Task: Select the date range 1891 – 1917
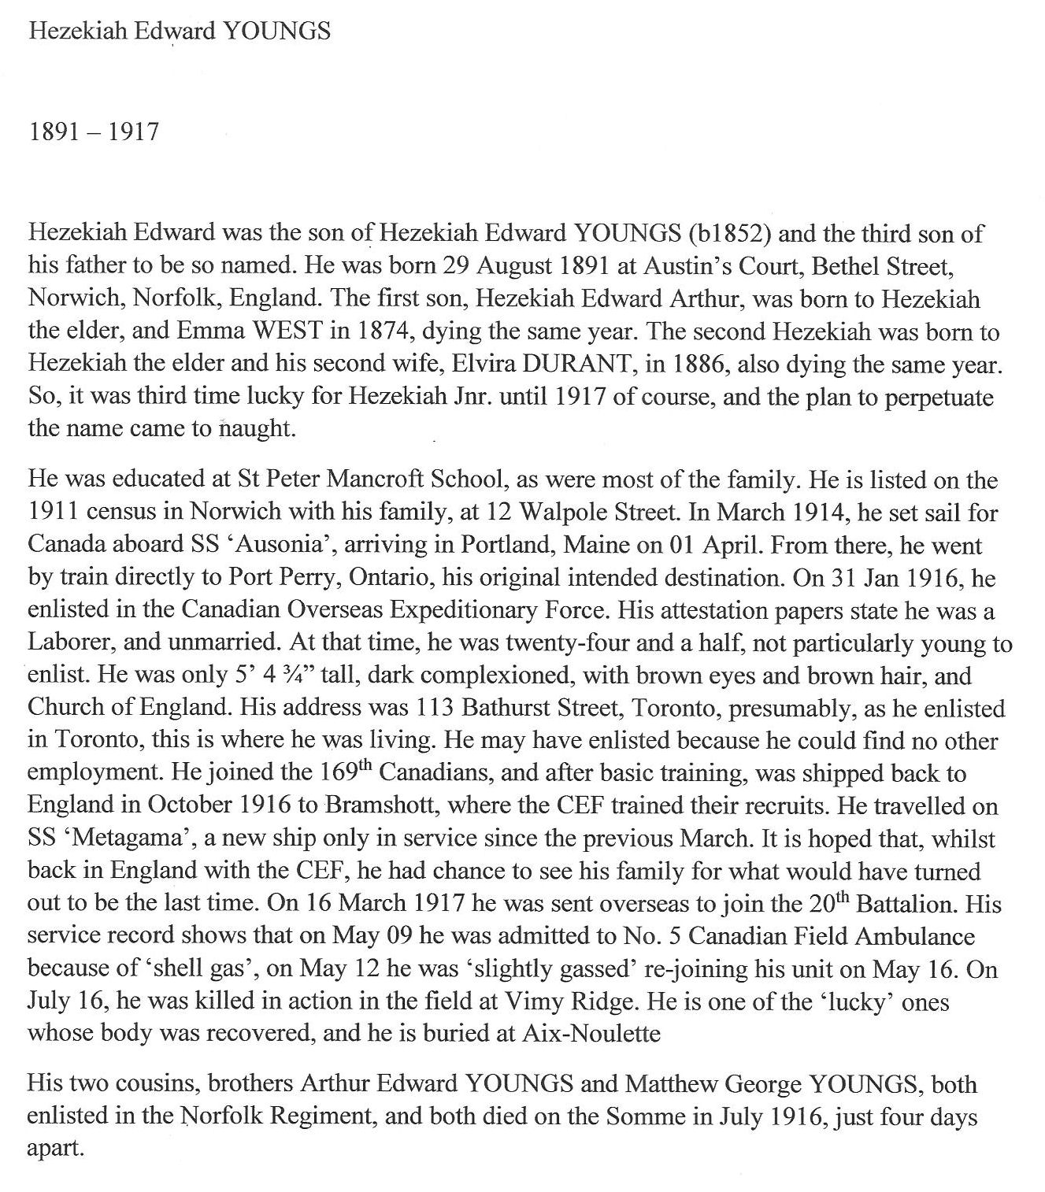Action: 93,131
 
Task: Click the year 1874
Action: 382,331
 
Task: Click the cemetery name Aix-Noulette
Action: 591,1034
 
